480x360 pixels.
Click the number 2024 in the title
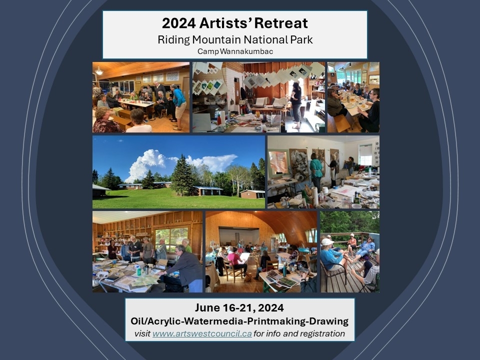click(x=179, y=23)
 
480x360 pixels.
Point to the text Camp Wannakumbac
click(x=235, y=51)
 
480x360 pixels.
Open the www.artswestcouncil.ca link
click(x=202, y=333)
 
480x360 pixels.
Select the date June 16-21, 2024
click(x=239, y=307)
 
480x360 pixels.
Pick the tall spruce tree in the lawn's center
click(x=182, y=176)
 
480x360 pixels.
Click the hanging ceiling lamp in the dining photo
click(x=99, y=71)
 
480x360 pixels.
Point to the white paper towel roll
click(x=314, y=196)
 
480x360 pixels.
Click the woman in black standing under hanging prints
click(x=296, y=104)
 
